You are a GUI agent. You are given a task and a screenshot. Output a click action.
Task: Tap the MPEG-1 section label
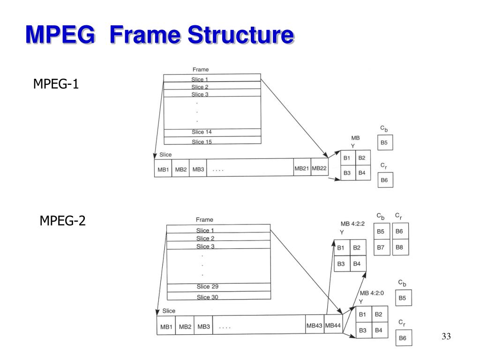click(x=56, y=84)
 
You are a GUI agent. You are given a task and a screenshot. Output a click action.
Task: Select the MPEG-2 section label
click(x=62, y=220)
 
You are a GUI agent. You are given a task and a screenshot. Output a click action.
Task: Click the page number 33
click(x=446, y=337)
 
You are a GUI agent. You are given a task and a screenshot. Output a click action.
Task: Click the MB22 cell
click(x=319, y=168)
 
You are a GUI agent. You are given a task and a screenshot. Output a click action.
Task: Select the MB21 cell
click(x=301, y=168)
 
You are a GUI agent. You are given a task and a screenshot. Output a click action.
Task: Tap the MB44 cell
click(x=333, y=325)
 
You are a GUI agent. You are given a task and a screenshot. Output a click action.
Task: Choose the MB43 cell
click(x=314, y=325)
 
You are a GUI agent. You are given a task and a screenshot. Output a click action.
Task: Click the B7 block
click(x=381, y=247)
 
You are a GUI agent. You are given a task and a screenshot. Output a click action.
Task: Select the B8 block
click(x=399, y=247)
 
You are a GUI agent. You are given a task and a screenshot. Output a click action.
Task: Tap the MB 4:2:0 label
click(x=371, y=293)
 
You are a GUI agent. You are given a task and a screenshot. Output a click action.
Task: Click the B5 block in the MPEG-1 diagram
click(x=384, y=143)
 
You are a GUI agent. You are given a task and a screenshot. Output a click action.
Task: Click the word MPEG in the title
click(x=63, y=36)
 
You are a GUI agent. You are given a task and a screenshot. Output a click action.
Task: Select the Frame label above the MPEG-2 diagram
click(x=204, y=219)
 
